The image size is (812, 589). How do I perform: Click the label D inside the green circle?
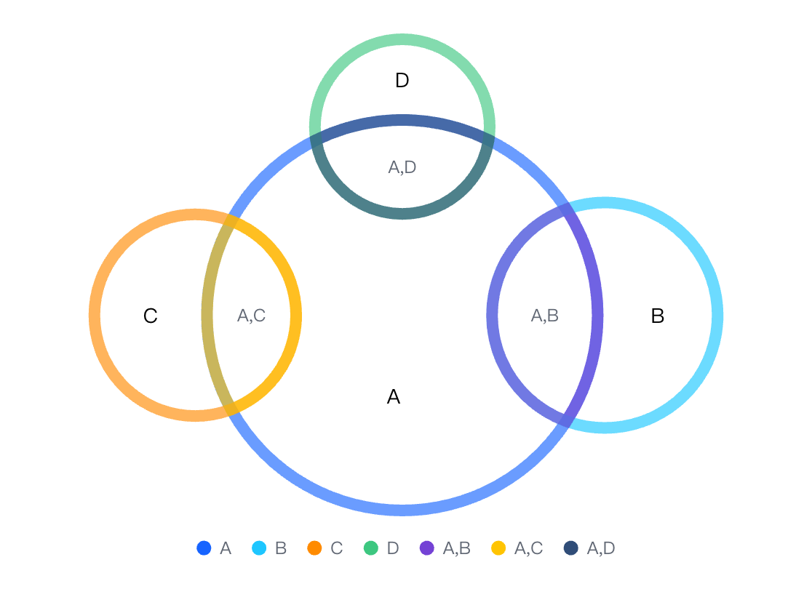(402, 80)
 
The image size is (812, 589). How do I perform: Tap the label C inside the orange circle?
(150, 316)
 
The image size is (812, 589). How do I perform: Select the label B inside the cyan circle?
(657, 316)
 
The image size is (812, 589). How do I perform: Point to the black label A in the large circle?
(394, 396)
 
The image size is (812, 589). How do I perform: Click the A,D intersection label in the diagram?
(402, 167)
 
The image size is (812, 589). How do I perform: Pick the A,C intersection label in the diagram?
(251, 315)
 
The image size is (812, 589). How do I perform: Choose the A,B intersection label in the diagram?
(545, 315)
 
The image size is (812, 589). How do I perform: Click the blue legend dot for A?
(204, 548)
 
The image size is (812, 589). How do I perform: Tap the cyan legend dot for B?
(259, 548)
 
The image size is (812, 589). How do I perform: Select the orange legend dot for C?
(314, 548)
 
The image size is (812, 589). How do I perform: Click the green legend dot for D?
(371, 548)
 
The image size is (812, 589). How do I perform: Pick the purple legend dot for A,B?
(426, 548)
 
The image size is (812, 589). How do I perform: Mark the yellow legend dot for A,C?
(498, 548)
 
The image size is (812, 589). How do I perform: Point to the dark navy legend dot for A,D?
(570, 548)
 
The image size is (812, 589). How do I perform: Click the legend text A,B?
(457, 548)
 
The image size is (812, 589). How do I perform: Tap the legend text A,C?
(528, 548)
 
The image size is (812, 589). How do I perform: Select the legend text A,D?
(601, 548)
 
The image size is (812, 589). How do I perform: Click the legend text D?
(393, 548)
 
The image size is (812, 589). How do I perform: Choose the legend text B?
(281, 548)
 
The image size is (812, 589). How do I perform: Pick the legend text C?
(337, 548)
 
